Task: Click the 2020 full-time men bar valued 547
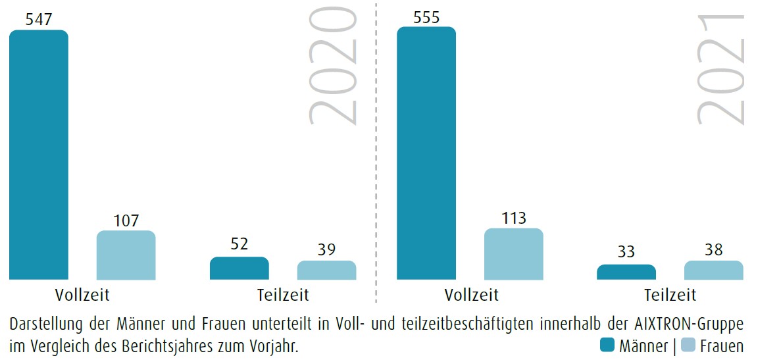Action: pos(39,155)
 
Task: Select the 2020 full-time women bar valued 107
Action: pos(126,255)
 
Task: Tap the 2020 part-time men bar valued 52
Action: pos(239,269)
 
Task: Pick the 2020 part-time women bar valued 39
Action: pos(326,270)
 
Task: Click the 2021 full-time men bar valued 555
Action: pos(426,153)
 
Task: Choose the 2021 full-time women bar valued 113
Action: pos(513,254)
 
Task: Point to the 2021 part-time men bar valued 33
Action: pos(626,272)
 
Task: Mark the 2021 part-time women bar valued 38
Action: pos(713,270)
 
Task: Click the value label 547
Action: pos(39,20)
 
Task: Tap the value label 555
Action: pos(426,17)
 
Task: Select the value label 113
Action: pos(513,218)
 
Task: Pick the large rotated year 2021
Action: pos(722,69)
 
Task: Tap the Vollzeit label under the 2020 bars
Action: pos(83,294)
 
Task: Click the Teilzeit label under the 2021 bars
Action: pos(670,294)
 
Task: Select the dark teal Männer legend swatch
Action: pos(607,344)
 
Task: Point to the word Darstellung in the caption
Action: pos(47,324)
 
